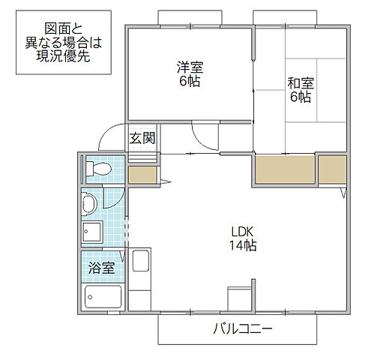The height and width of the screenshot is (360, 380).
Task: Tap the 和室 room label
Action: [299, 83]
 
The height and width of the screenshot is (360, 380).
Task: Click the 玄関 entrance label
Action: [142, 137]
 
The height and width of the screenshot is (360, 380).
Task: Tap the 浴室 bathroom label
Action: [100, 268]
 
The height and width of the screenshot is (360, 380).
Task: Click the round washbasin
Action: [89, 203]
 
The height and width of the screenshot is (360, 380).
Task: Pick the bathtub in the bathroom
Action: [102, 298]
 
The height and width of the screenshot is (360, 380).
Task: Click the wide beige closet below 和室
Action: [283, 170]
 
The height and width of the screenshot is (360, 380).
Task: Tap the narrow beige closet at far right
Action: [331, 170]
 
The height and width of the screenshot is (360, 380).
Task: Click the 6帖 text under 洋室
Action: [190, 81]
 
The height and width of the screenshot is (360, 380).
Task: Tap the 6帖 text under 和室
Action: [299, 97]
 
